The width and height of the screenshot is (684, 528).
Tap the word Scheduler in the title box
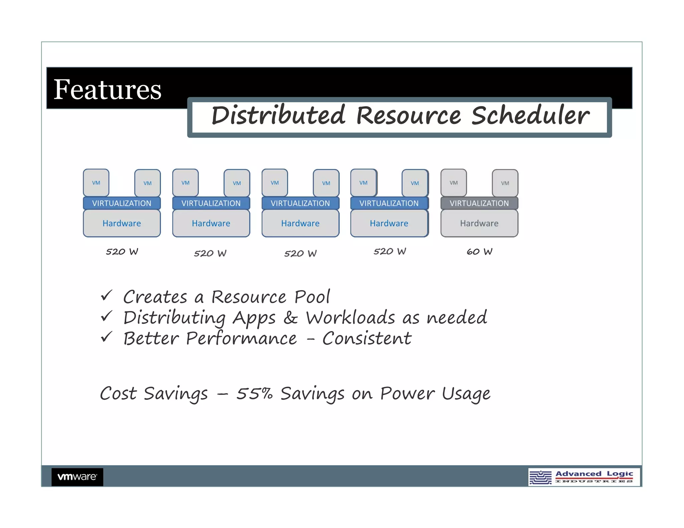tap(530, 115)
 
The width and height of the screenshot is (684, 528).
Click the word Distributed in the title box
tap(278, 115)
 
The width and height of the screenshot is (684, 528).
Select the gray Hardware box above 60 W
tap(479, 223)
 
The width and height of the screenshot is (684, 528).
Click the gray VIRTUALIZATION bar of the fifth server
tap(479, 203)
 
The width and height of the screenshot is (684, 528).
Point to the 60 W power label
tap(479, 252)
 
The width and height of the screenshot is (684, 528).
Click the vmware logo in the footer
tap(77, 477)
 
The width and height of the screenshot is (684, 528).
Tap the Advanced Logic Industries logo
tap(584, 477)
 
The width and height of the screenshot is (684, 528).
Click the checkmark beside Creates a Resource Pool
tap(107, 296)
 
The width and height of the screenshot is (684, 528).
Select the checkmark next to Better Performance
tap(107, 337)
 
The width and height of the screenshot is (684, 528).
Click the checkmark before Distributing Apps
tap(107, 316)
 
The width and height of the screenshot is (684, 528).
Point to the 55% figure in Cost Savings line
tap(254, 393)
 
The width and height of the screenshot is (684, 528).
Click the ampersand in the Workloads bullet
tap(290, 317)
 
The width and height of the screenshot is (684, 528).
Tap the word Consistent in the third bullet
tap(367, 338)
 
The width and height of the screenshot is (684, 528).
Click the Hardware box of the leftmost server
tap(122, 223)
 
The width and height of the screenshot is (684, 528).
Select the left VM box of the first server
tap(96, 183)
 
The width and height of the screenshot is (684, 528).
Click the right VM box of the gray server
tap(505, 183)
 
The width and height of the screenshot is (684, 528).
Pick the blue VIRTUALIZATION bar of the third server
tap(300, 203)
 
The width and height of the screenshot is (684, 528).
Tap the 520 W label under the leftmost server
tap(122, 252)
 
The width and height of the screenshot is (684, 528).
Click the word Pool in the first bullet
tap(312, 297)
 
